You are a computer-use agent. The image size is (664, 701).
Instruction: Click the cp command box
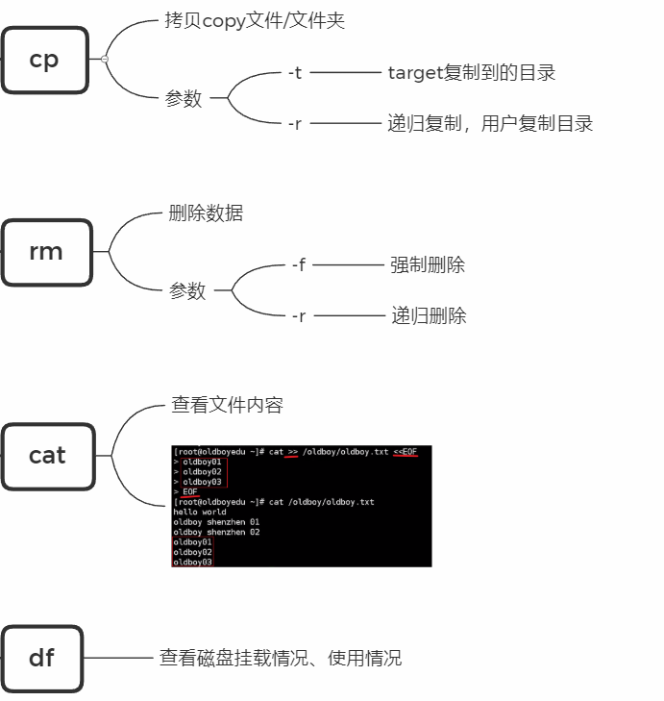point(44,60)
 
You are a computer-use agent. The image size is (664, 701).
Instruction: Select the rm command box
point(46,252)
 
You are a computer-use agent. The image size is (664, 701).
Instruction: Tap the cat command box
point(47,455)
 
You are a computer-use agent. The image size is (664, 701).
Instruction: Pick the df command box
point(41,659)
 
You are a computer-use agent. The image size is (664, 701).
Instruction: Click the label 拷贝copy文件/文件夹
point(255,21)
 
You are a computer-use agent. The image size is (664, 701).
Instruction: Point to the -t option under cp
point(295,72)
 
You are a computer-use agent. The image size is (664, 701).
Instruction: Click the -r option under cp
point(295,123)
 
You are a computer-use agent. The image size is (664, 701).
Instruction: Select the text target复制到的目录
point(471,73)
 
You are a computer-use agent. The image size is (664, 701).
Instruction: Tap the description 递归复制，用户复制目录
point(490,123)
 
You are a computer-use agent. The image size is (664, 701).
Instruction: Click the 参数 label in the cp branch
point(184,98)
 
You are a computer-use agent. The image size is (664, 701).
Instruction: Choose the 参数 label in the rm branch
point(187,290)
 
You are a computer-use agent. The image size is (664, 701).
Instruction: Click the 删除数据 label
point(206,213)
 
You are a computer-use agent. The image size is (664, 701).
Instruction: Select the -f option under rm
point(298,264)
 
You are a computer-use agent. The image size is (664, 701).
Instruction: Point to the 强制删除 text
point(428,264)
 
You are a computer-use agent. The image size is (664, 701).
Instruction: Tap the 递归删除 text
point(429,315)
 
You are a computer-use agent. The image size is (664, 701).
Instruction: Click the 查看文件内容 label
point(228,405)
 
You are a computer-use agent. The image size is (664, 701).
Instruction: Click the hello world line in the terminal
point(200,512)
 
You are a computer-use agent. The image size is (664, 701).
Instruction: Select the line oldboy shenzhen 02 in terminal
point(216,532)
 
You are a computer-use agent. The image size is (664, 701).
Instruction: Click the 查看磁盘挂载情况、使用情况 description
point(280,658)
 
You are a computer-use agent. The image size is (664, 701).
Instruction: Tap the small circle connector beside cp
point(104,60)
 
